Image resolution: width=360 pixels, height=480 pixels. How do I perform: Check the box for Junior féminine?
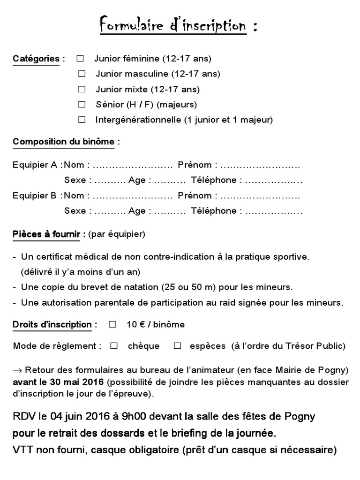pyautogui.click(x=80, y=59)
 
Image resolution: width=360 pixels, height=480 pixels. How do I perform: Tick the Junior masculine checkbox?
pyautogui.click(x=82, y=74)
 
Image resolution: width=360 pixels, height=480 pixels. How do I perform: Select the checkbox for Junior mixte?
pyautogui.click(x=82, y=89)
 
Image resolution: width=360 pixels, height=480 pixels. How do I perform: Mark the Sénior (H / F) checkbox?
pyautogui.click(x=82, y=104)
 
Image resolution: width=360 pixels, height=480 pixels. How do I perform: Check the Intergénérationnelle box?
pyautogui.click(x=82, y=119)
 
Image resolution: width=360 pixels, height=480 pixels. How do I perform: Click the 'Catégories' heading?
pyautogui.click(x=36, y=59)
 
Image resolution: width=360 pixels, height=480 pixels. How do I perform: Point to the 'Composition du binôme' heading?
pyautogui.click(x=63, y=142)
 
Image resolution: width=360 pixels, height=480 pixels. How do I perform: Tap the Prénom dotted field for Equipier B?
pyautogui.click(x=260, y=196)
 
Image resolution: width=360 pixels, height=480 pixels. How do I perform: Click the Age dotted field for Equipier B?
pyautogui.click(x=170, y=211)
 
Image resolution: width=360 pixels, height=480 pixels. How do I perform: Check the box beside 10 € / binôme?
pyautogui.click(x=112, y=324)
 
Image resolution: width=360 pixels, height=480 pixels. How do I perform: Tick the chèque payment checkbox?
pyautogui.click(x=114, y=346)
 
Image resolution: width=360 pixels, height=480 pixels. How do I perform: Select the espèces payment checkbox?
pyautogui.click(x=177, y=346)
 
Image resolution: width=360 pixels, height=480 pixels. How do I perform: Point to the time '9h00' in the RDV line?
pyautogui.click(x=135, y=416)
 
